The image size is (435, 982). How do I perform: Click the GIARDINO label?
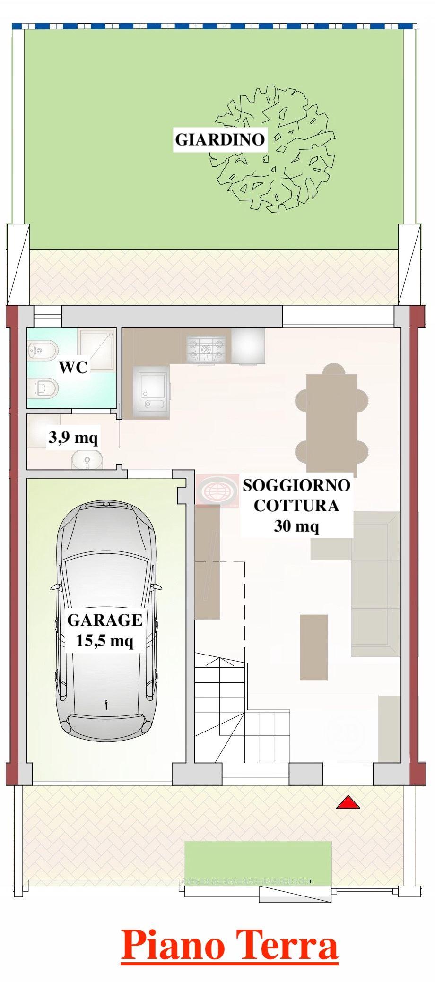pos(220,139)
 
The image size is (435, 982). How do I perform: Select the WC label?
pos(73,367)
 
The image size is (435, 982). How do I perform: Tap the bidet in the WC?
pos(43,349)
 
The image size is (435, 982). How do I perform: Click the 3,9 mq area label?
pos(73,438)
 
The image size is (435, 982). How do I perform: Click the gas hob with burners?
pos(206,350)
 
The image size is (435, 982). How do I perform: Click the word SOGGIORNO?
pos(297,485)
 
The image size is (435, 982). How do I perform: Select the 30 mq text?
pos(296,525)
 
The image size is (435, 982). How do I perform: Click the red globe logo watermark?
pos(217,491)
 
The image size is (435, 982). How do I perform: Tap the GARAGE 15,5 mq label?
pos(105,630)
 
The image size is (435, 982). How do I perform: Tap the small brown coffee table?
pos(313,646)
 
